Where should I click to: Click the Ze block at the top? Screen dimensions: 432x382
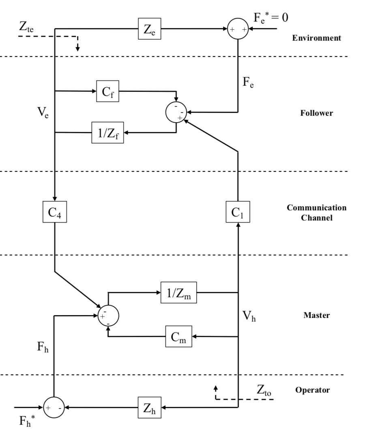150,29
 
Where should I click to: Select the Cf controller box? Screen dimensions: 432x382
107,91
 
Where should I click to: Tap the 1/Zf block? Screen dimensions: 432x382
107,132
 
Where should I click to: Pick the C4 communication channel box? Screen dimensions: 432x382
54,212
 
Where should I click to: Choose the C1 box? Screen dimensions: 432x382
237,212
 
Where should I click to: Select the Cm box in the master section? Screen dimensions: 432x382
178,336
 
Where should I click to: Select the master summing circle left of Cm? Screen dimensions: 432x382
108,315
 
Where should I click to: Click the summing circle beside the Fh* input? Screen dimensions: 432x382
54,407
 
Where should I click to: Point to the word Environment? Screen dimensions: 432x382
316,39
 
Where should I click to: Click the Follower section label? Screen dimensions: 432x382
316,113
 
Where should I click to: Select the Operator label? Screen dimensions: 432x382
312,390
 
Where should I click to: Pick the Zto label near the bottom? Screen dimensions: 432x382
264,391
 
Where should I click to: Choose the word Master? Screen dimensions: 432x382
316,315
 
